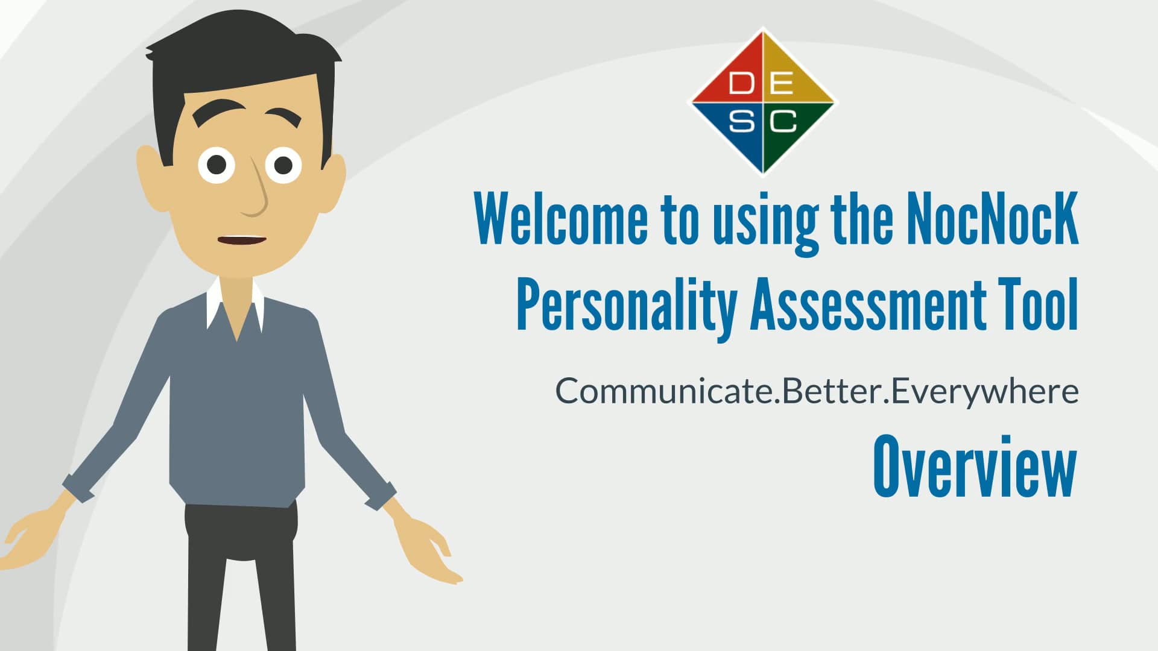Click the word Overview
tap(975, 467)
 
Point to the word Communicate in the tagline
tap(663, 391)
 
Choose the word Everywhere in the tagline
tap(984, 392)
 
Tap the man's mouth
tap(241, 240)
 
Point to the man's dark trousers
tap(241, 576)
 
